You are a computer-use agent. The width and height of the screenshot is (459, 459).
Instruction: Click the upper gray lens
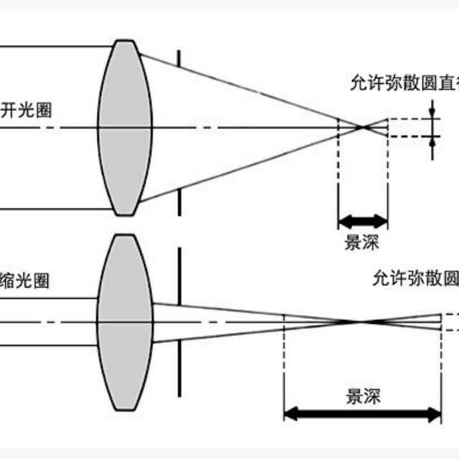point(125,128)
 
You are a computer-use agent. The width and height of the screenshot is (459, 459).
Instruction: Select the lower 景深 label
point(363,396)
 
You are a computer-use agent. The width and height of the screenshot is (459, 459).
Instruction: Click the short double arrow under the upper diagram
point(362,219)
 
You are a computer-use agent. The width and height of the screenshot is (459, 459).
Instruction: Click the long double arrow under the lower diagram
point(363,414)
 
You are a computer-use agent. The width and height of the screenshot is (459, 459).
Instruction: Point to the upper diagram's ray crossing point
point(364,128)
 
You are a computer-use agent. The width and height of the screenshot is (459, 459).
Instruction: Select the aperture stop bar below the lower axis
point(179,366)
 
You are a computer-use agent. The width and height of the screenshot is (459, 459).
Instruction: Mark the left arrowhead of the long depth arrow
point(289,414)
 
